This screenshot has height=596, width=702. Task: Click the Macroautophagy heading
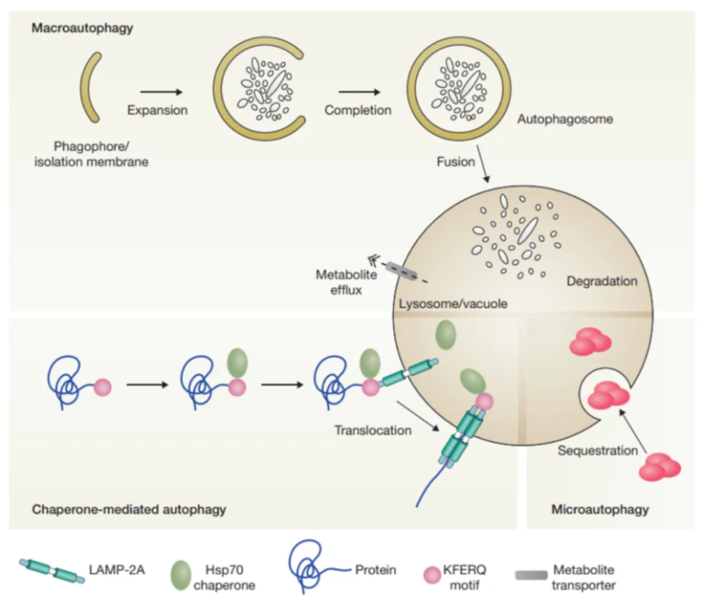[x=82, y=28]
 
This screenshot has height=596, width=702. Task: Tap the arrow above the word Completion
[x=360, y=91]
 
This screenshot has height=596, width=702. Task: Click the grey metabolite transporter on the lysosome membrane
[x=401, y=271]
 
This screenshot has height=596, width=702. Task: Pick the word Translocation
[x=372, y=430]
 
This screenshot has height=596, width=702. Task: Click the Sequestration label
[x=597, y=451]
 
